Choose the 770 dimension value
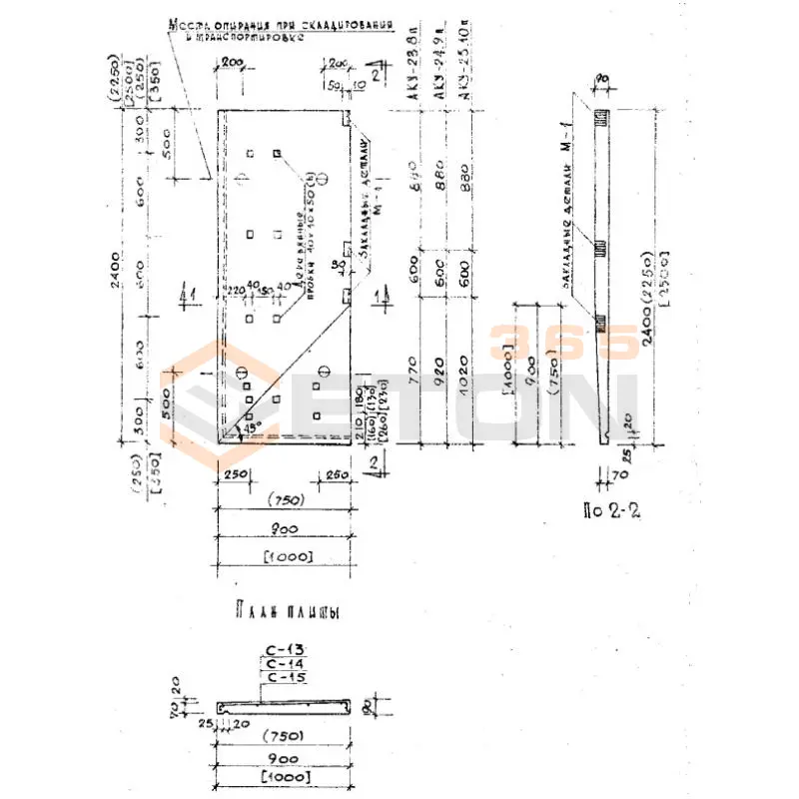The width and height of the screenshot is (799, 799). point(413,379)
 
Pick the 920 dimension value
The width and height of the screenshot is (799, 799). point(439,379)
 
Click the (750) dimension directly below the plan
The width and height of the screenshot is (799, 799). point(285,500)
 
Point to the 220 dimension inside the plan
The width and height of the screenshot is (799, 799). point(235,291)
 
